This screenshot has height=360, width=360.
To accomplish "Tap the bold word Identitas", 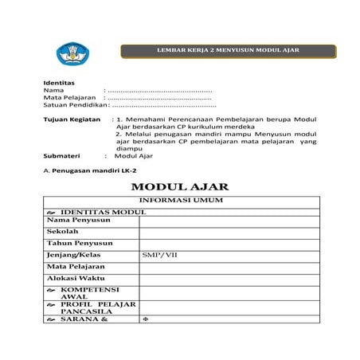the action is pyautogui.click(x=58, y=83).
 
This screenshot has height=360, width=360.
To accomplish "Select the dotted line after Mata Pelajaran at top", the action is pyautogui.click(x=159, y=98).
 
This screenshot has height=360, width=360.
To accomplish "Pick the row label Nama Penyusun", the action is pyautogui.click(x=74, y=219).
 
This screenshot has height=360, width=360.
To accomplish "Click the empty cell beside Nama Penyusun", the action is pyautogui.click(x=229, y=219).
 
